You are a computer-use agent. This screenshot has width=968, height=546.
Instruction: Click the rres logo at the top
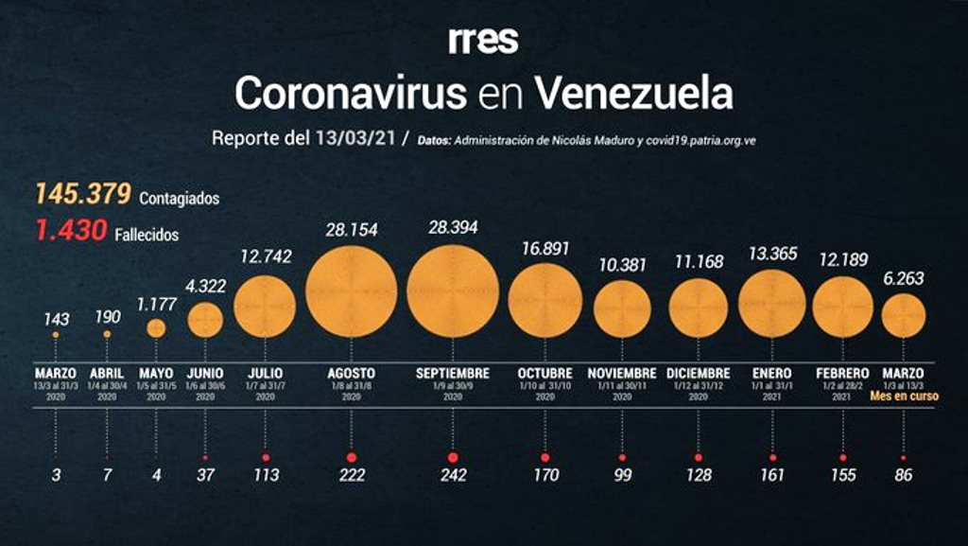pos(483,41)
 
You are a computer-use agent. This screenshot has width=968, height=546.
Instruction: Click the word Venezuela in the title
pos(633,94)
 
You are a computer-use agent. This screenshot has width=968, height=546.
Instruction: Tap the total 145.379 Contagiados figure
pos(82,195)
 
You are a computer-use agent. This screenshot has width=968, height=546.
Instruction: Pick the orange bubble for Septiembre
pos(453,291)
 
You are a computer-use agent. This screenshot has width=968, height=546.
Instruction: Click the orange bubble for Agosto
pos(352,291)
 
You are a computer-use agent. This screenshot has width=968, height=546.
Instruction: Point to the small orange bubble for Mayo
pos(156,327)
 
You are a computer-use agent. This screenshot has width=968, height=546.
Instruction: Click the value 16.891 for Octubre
pos(544,249)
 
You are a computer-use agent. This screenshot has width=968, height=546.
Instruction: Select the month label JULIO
pos(265,374)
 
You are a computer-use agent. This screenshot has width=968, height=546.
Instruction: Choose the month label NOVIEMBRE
pos(622,374)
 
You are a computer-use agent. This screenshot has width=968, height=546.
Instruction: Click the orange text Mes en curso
pos(904,396)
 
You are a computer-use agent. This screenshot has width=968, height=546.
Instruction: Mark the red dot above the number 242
pos(453,458)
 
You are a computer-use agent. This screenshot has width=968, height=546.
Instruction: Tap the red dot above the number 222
pos(352,458)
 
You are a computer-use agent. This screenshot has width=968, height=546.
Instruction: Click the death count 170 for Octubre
pos(544,475)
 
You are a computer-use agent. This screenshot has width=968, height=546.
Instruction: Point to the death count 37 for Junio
pos(205,475)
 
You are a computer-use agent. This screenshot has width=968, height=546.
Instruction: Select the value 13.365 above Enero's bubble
pos(771,254)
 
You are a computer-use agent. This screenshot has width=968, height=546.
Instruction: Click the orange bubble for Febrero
pos(842,307)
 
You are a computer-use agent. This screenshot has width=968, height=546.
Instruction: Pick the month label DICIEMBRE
pos(698,374)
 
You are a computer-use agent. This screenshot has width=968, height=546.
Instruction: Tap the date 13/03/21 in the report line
pos(354,138)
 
